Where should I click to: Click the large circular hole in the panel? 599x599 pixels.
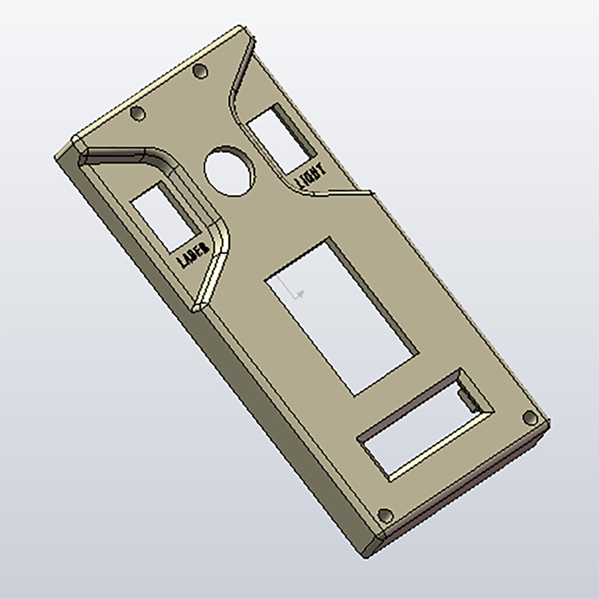click(x=229, y=170)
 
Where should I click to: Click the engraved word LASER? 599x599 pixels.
click(x=193, y=255)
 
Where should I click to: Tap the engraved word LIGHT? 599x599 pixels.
click(x=310, y=174)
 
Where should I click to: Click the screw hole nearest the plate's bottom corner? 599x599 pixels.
click(x=385, y=515)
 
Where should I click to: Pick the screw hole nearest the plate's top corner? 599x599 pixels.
click(x=200, y=71)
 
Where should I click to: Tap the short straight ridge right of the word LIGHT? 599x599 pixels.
click(x=344, y=193)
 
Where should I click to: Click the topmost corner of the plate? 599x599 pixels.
click(x=240, y=27)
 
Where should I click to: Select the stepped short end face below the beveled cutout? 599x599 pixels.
click(x=461, y=485)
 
